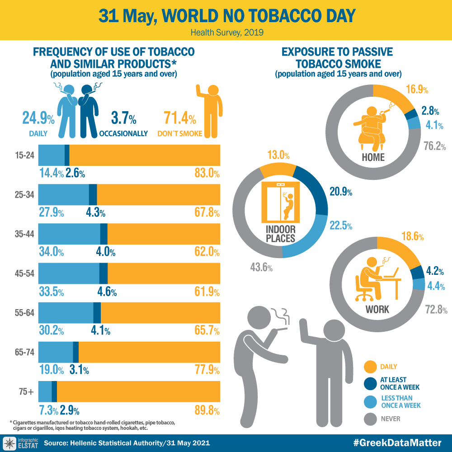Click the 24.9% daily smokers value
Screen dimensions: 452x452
tap(38, 119)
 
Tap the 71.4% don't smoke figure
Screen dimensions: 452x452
tap(179, 119)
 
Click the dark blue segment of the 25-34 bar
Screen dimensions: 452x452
tap(93, 195)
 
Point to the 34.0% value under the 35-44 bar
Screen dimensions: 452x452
tap(51, 252)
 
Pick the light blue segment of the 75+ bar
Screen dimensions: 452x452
tap(45, 391)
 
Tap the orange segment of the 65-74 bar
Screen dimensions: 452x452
tap(149, 352)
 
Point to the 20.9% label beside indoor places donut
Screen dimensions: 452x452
tap(341, 192)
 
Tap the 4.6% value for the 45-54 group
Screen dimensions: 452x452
tap(107, 292)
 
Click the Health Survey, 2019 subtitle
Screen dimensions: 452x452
tap(226, 33)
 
